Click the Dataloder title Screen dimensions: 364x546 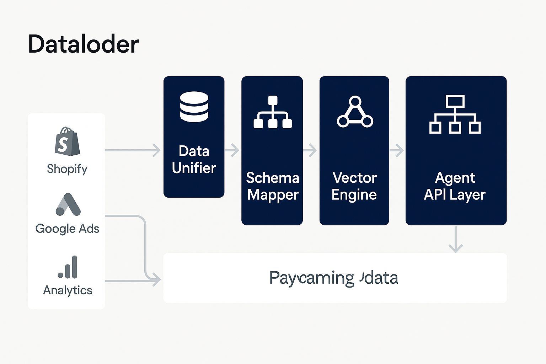click(83, 44)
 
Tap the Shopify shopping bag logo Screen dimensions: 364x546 click(67, 141)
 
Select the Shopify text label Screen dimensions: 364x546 click(67, 169)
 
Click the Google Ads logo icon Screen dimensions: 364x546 click(68, 205)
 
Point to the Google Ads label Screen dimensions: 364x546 click(67, 229)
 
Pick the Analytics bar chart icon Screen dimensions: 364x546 click(68, 267)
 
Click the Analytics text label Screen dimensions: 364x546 click(68, 290)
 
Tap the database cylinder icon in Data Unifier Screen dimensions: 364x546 click(194, 107)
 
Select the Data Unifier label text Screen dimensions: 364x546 click(194, 160)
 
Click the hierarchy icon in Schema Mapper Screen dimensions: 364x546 click(273, 112)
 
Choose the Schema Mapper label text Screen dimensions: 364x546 click(273, 186)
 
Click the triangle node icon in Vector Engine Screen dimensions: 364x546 click(355, 112)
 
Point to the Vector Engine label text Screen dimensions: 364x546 click(354, 186)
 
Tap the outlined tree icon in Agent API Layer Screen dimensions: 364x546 click(455, 114)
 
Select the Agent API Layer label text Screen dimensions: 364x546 click(455, 186)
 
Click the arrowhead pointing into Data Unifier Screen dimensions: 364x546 click(156, 150)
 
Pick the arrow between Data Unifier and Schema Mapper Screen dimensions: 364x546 click(232, 150)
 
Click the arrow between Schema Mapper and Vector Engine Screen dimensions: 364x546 click(310, 150)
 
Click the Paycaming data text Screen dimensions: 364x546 click(333, 278)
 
